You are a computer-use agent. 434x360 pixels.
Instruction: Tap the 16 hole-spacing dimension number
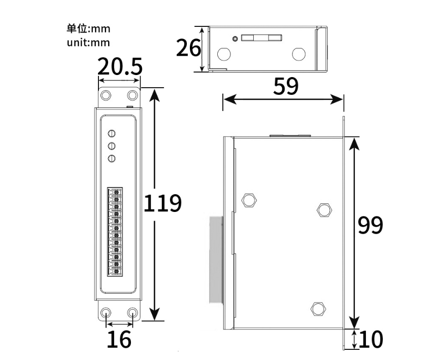pyautogui.click(x=119, y=339)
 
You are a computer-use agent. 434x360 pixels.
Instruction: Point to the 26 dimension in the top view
pyautogui.click(x=188, y=48)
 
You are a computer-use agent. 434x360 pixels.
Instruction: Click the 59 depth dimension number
pyautogui.click(x=286, y=87)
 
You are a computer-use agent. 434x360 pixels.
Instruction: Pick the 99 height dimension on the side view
pyautogui.click(x=370, y=225)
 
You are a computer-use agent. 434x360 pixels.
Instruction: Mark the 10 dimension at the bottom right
pyautogui.click(x=371, y=340)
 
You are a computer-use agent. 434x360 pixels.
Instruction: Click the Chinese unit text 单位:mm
pyautogui.click(x=88, y=29)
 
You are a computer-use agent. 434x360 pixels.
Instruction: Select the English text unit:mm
pyautogui.click(x=88, y=43)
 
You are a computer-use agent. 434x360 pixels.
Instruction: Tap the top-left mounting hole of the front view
pyautogui.click(x=107, y=95)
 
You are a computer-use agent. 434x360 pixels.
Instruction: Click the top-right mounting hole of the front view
pyautogui.click(x=132, y=95)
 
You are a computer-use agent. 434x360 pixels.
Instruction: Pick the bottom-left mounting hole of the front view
pyautogui.click(x=107, y=313)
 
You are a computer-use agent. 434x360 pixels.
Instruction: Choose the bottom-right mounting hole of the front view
pyautogui.click(x=132, y=313)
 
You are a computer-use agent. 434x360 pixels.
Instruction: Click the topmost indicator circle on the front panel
pyautogui.click(x=112, y=134)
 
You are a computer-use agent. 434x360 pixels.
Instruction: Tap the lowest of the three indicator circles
pyautogui.click(x=112, y=159)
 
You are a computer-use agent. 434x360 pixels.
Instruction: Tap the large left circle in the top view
pyautogui.click(x=223, y=53)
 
